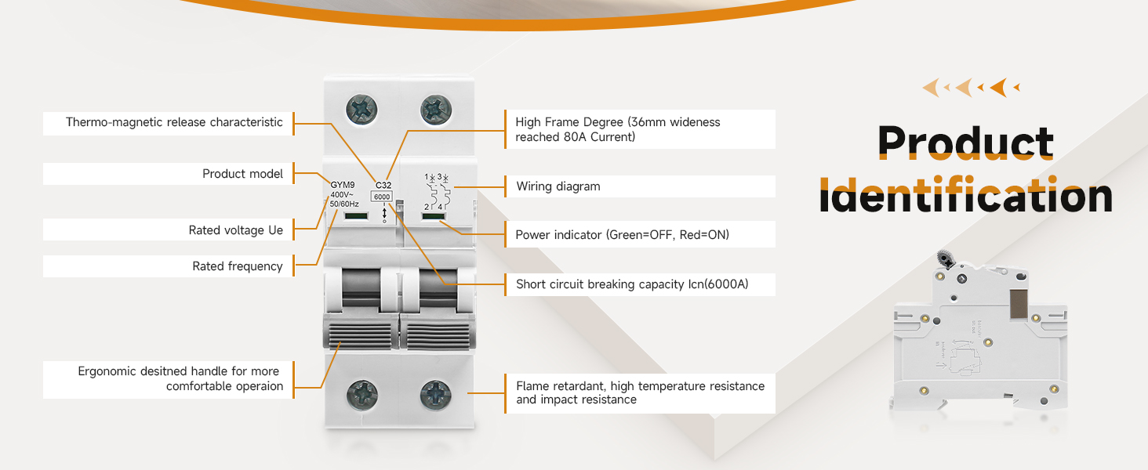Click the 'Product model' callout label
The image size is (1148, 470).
242,174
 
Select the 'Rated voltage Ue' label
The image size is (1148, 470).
235,230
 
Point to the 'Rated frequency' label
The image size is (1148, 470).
237,266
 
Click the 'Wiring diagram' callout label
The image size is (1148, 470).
558,186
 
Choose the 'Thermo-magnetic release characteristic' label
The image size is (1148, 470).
174,122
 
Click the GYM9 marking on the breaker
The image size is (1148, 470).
343,185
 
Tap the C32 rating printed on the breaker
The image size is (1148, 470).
384,186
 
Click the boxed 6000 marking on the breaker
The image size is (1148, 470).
381,197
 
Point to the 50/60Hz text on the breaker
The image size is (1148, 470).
344,204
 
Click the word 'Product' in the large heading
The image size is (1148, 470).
965,143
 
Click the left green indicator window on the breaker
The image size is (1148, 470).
356,215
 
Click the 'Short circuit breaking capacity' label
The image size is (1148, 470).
631,284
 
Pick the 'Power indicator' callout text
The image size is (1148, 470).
622,234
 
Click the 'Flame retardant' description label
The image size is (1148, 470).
640,392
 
